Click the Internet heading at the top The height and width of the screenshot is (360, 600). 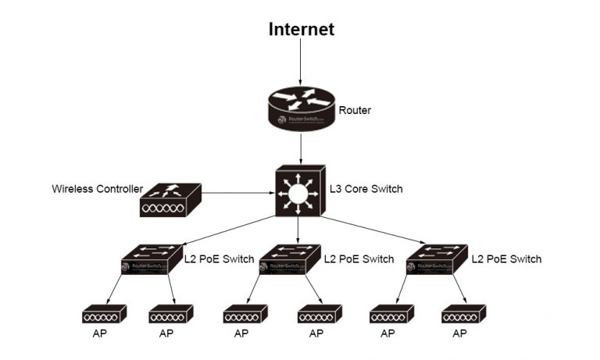(301, 30)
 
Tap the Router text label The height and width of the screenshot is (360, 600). (355, 111)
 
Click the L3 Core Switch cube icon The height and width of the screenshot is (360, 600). (299, 191)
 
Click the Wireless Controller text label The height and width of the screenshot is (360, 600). (97, 189)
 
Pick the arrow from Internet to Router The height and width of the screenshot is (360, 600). (301, 62)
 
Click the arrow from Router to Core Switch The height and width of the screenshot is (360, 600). (301, 148)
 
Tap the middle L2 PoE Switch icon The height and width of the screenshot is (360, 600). (289, 259)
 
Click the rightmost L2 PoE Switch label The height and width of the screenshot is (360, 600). (506, 259)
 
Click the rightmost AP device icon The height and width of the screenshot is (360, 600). (463, 315)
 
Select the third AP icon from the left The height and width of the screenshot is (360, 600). (245, 315)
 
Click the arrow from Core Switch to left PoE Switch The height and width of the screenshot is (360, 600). (227, 231)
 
